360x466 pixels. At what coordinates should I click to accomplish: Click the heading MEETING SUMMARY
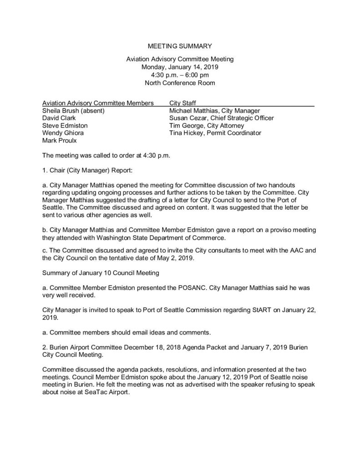(180, 46)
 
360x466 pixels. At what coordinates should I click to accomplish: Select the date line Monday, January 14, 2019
(180, 67)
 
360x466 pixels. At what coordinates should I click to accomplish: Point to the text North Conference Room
(180, 83)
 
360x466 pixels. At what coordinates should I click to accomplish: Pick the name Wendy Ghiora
(63, 133)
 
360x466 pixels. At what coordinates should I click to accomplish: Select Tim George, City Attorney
(207, 126)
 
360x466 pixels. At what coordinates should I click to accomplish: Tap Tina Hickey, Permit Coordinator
(215, 133)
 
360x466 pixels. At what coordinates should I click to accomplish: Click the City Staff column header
(183, 103)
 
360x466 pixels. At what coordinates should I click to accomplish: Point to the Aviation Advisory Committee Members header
(97, 103)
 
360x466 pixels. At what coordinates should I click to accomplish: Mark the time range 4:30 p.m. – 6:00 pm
(180, 75)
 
